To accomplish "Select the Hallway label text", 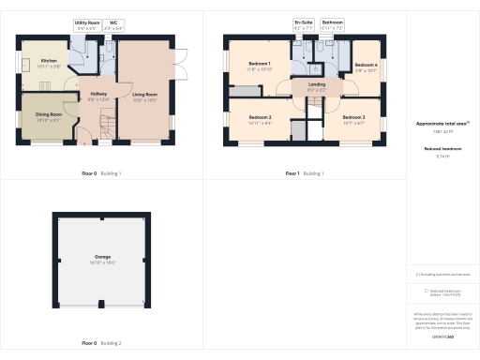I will point(98,94).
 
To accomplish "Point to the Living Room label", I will point(144,95).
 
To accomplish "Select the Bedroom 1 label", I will point(258,65).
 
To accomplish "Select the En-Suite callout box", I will point(303,23).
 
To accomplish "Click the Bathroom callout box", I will point(333,23).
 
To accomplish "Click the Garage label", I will point(102,256).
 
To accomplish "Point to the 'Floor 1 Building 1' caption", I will point(304,173).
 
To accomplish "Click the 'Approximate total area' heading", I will point(442,123).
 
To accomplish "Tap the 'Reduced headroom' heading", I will point(442,148).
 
